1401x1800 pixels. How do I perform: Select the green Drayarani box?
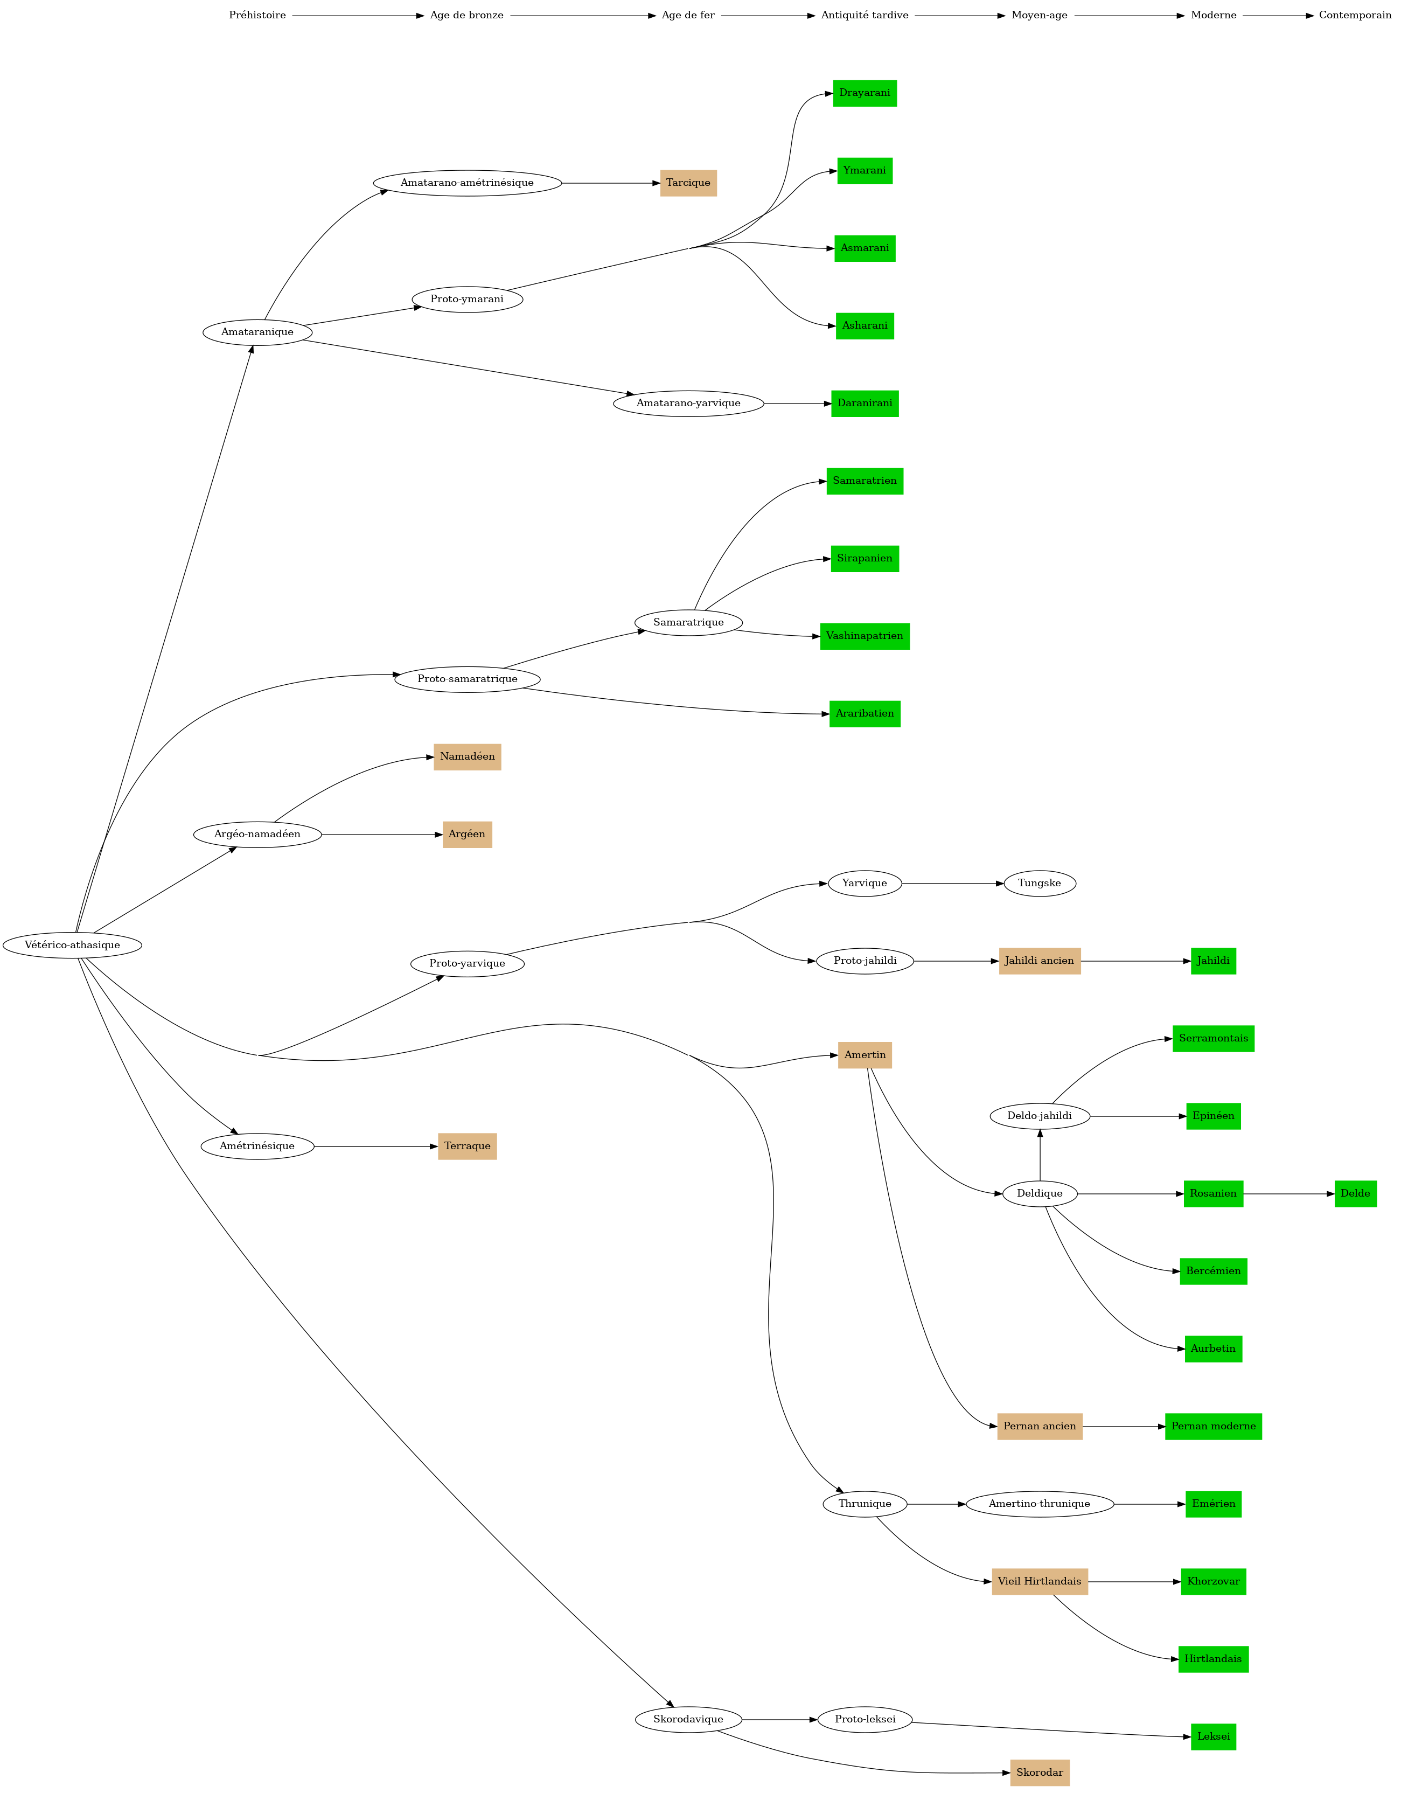tap(865, 93)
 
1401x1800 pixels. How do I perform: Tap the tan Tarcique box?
tap(688, 183)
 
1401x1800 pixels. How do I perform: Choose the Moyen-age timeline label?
tap(1039, 16)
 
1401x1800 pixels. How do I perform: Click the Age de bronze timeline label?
tap(466, 16)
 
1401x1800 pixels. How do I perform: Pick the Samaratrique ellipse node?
tap(688, 622)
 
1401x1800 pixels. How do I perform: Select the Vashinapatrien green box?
tap(865, 636)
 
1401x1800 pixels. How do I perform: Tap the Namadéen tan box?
tap(468, 756)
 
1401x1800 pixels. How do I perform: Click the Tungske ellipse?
tap(1039, 884)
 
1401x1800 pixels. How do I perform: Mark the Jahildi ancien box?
tap(1039, 961)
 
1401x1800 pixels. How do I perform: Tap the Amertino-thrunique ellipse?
tap(1039, 1504)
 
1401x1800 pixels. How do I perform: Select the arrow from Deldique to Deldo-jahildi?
tap(1040, 1156)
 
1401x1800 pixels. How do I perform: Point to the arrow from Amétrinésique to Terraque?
tap(377, 1146)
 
